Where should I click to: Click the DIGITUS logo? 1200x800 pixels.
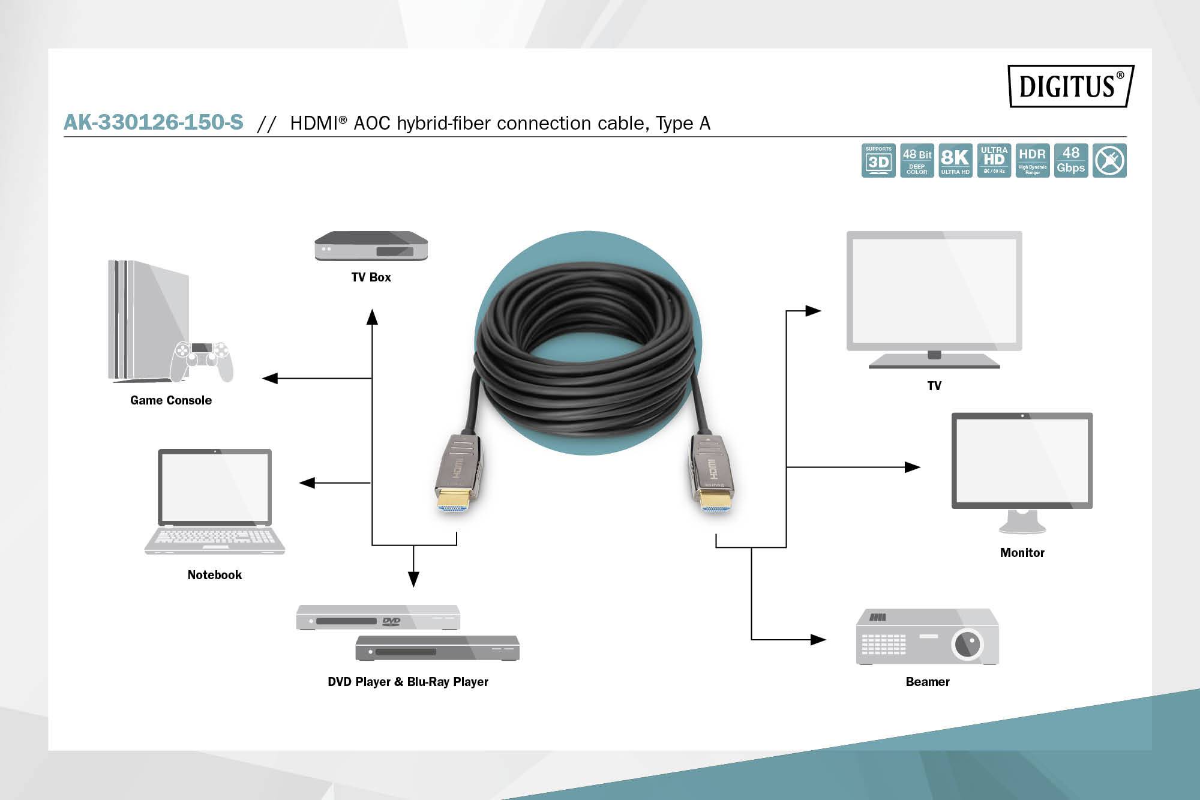[x=1070, y=86]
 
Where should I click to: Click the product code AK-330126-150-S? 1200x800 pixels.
[x=154, y=122]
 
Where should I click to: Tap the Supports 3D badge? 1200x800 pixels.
[x=878, y=160]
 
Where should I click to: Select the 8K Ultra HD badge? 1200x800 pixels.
[x=955, y=160]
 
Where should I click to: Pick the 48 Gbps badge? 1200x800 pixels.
[x=1071, y=160]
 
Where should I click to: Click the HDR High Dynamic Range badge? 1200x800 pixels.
[x=1032, y=160]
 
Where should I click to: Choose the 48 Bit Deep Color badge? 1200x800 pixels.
[x=917, y=160]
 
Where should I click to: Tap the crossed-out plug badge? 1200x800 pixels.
[x=1109, y=160]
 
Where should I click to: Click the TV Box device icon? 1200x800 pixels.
[x=371, y=246]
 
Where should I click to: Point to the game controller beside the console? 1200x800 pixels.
[x=201, y=360]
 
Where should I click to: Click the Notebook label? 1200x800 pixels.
[x=214, y=575]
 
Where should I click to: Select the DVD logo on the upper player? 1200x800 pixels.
[x=391, y=621]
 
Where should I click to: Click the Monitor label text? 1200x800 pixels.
[x=1022, y=553]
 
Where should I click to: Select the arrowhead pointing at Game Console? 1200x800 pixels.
[x=270, y=378]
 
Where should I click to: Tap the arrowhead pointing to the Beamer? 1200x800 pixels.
[x=818, y=640]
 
